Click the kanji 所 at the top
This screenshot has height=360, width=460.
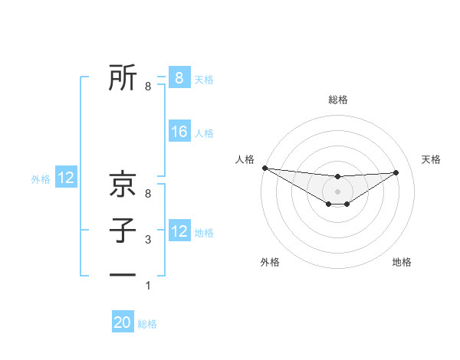pyautogui.click(x=123, y=77)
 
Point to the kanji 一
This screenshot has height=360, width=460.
pyautogui.click(x=123, y=275)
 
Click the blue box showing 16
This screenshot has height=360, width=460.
pyautogui.click(x=179, y=132)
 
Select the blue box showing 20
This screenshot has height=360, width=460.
pyautogui.click(x=123, y=322)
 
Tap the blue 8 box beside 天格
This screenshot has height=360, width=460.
pyautogui.click(x=179, y=77)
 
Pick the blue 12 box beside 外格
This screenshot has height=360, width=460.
pyautogui.click(x=66, y=178)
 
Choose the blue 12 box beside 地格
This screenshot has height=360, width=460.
pyautogui.click(x=179, y=231)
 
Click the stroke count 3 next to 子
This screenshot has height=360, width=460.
pyautogui.click(x=148, y=241)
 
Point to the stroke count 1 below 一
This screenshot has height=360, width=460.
pyautogui.click(x=148, y=286)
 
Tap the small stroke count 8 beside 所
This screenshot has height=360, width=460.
pyautogui.click(x=148, y=87)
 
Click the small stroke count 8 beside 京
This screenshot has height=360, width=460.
pyautogui.click(x=148, y=195)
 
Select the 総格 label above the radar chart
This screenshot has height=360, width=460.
pyautogui.click(x=337, y=100)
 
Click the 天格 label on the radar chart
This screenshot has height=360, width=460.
pyautogui.click(x=432, y=159)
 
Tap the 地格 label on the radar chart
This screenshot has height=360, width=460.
pyautogui.click(x=402, y=262)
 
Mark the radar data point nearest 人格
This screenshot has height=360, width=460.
pyautogui.click(x=264, y=168)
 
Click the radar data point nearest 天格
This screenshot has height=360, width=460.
pyautogui.click(x=396, y=172)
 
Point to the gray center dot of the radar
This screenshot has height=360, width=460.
pyautogui.click(x=337, y=191)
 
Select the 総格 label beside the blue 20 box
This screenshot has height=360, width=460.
pyautogui.click(x=148, y=324)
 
